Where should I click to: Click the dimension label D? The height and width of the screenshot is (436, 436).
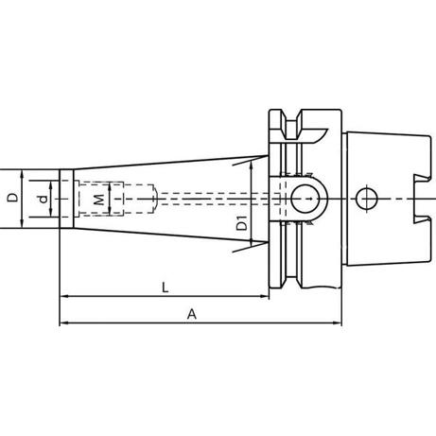coord(13,198)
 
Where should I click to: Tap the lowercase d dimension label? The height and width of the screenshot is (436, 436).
coord(43,199)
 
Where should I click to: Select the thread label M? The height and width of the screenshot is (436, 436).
coord(99,200)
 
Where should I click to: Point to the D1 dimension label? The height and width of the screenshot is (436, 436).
coord(242,223)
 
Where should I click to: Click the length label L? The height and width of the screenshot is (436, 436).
coord(165,288)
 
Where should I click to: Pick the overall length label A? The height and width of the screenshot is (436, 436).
coord(192,314)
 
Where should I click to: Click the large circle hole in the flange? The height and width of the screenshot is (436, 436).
coord(305,199)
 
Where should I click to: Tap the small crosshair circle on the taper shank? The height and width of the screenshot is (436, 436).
coord(367,200)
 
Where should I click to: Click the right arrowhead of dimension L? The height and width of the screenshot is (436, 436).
coord(264,296)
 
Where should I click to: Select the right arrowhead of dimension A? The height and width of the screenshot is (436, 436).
coord(337,323)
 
